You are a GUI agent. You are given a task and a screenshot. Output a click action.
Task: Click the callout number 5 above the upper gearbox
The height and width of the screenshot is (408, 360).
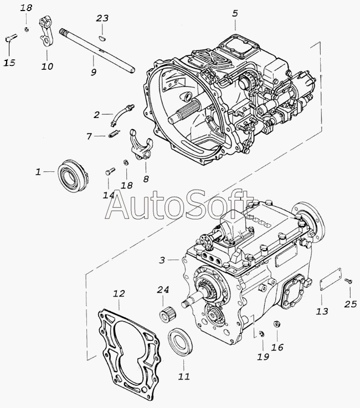235,13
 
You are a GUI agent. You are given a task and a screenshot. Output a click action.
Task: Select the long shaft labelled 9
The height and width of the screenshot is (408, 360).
97,50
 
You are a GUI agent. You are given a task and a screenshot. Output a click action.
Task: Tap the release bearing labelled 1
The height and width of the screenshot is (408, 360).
73,175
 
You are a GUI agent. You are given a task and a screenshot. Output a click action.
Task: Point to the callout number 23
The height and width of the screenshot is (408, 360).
102,18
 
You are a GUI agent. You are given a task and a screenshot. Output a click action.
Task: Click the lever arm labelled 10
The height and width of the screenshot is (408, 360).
47,32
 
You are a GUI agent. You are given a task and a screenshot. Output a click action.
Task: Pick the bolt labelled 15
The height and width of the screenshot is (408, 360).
11,38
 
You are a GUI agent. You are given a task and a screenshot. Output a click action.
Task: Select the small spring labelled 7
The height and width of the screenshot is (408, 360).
114,135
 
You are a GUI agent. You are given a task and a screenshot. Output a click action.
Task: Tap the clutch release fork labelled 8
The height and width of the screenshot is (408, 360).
141,145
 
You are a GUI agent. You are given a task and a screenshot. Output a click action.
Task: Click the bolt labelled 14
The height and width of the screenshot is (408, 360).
110,171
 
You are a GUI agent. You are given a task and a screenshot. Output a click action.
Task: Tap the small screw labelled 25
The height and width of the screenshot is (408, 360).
348,280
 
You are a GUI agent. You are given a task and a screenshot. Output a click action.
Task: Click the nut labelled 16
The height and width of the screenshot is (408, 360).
276,324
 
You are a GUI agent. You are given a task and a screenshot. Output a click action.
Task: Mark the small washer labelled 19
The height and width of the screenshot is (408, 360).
262,333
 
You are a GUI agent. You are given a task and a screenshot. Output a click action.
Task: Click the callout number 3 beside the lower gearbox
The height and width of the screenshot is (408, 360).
162,259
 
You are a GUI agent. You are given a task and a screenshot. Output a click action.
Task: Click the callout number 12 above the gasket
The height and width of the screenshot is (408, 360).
119,293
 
